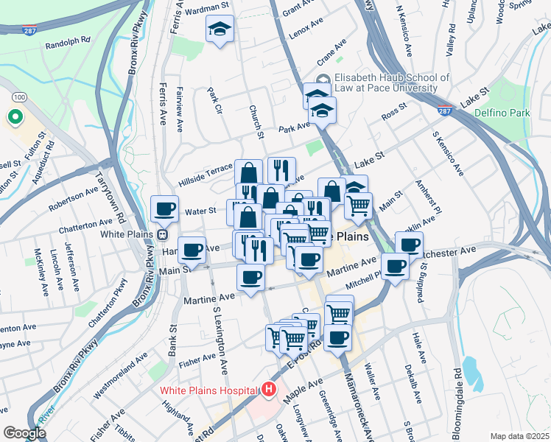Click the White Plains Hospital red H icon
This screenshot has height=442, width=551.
(x=269, y=389)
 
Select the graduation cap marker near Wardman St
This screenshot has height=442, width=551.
(x=220, y=29)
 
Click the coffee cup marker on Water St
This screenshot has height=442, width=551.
(x=164, y=208)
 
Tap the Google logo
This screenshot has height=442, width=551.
(x=25, y=433)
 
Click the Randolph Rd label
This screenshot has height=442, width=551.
(x=67, y=44)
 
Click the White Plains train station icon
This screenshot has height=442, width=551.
(x=161, y=235)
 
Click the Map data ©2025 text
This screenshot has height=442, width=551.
(x=519, y=435)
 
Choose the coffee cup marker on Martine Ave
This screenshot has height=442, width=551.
(x=251, y=277)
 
